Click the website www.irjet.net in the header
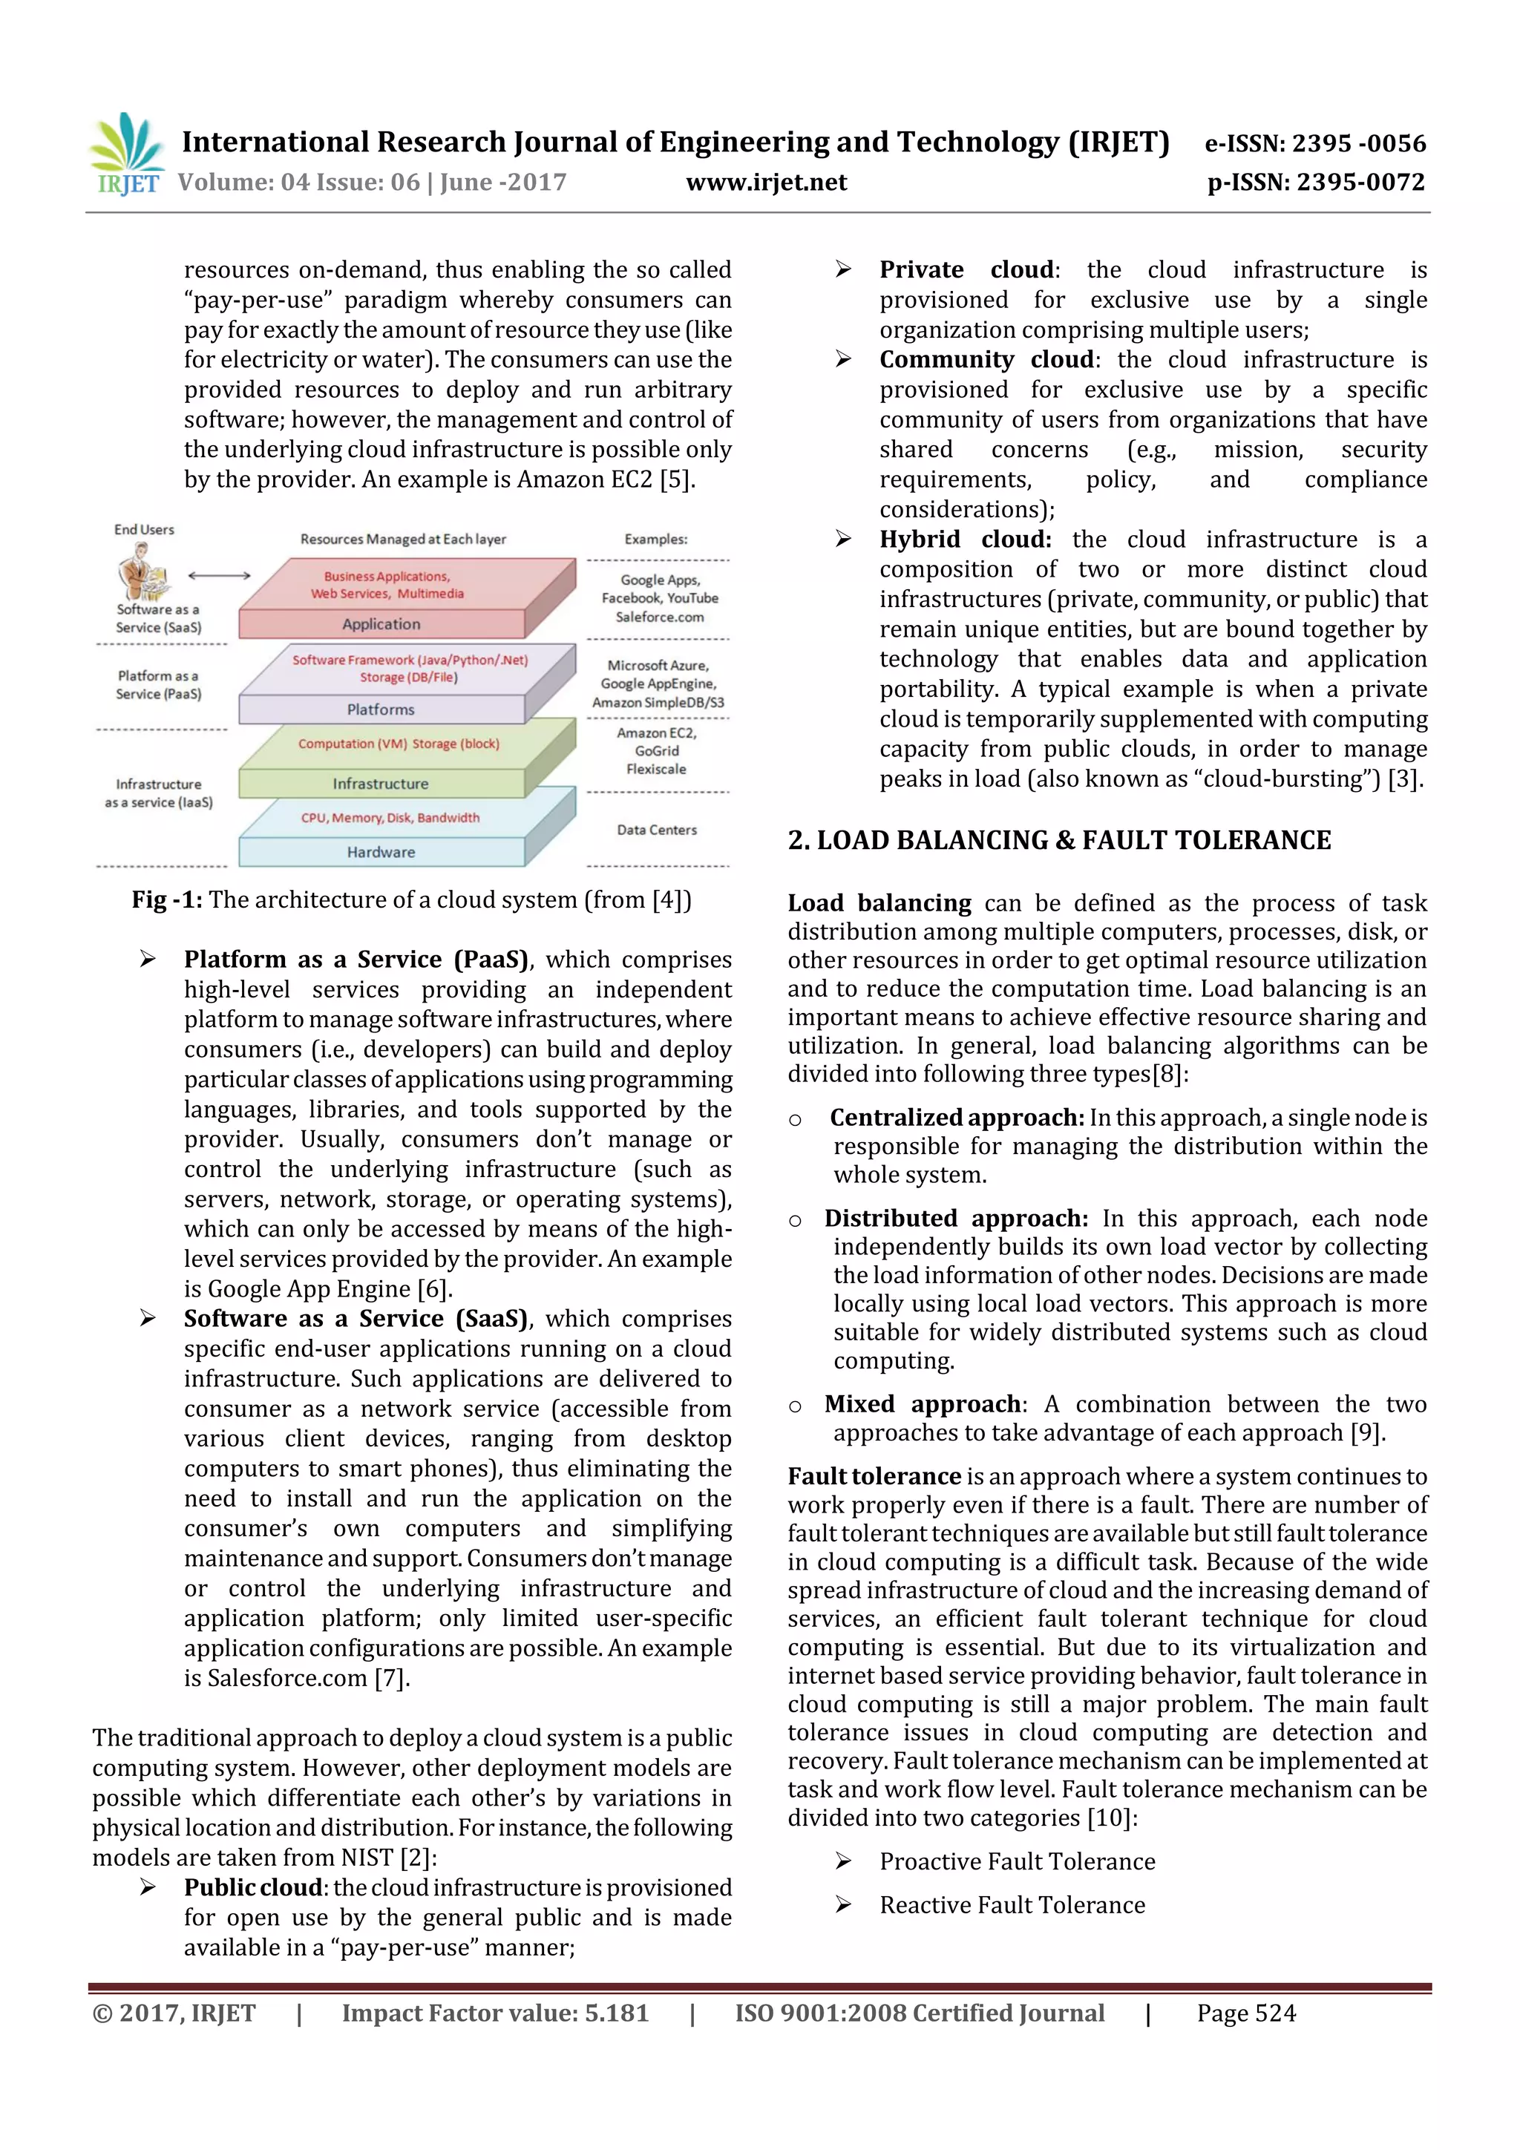pos(765,183)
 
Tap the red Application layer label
pos(381,623)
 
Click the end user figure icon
pos(142,571)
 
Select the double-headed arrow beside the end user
pos(219,575)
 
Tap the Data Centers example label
pos(657,830)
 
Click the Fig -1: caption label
pos(167,900)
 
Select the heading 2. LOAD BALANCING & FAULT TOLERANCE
pos(1058,840)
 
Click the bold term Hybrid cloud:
pos(965,540)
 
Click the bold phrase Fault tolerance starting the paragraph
pos(874,1477)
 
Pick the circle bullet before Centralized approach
pos(795,1120)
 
